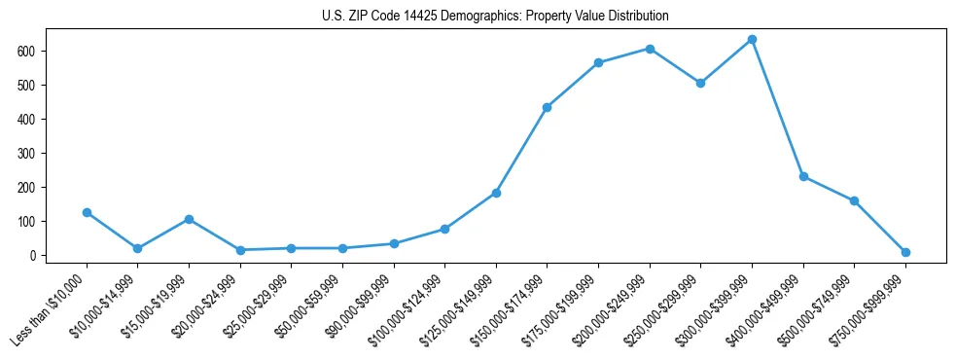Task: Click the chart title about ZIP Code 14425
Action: pos(495,17)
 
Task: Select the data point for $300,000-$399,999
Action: pos(752,40)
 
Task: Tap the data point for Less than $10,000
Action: pos(87,212)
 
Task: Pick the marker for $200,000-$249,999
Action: pos(650,49)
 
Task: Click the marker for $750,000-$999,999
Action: pos(905,252)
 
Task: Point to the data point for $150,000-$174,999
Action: pos(547,107)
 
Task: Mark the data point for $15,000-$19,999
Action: pos(189,219)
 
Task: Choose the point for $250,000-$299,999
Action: pos(700,83)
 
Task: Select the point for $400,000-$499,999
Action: pos(803,176)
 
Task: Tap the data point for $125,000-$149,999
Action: pos(496,193)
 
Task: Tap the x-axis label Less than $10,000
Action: pos(53,309)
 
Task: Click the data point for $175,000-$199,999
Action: pos(598,63)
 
